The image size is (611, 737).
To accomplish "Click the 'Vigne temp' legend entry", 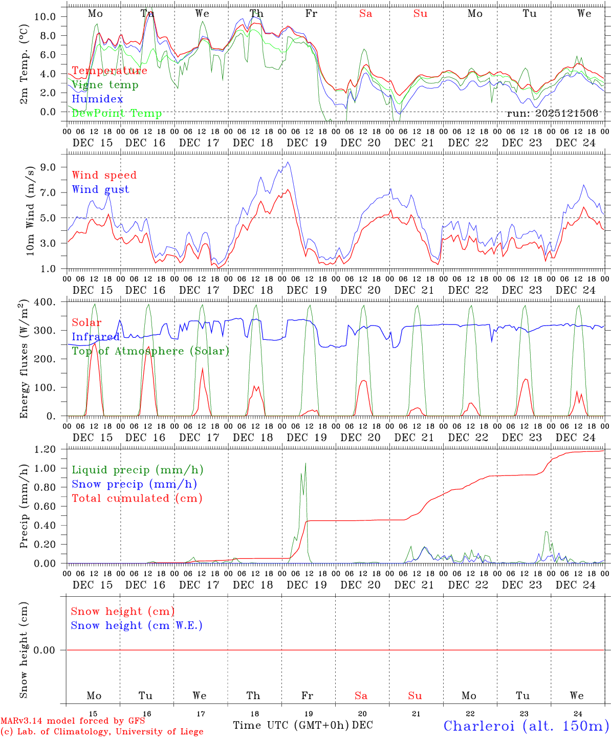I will click(x=105, y=85).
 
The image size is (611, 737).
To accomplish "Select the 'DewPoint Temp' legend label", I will click(x=117, y=114).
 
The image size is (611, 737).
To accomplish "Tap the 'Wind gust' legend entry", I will click(x=100, y=189).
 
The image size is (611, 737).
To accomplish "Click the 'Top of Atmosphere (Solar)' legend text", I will click(x=150, y=351).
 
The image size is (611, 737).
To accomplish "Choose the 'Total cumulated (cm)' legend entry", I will click(x=137, y=498).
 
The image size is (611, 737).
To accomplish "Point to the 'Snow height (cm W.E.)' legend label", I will click(x=137, y=625).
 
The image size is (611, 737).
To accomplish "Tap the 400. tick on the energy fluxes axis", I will click(x=45, y=302).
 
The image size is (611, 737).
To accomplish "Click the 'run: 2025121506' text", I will click(x=552, y=114).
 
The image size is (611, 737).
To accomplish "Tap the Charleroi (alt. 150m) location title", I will click(x=526, y=726).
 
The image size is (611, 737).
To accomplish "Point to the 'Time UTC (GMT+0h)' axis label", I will click(x=291, y=725).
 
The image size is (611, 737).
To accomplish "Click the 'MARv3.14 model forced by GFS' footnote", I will click(x=73, y=721).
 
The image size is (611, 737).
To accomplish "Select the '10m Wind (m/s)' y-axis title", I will click(x=30, y=210).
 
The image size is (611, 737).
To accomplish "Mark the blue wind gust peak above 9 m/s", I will click(x=288, y=163).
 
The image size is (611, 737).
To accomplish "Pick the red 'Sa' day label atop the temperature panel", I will click(x=365, y=14).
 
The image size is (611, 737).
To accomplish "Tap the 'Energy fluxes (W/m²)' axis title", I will click(x=24, y=360).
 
